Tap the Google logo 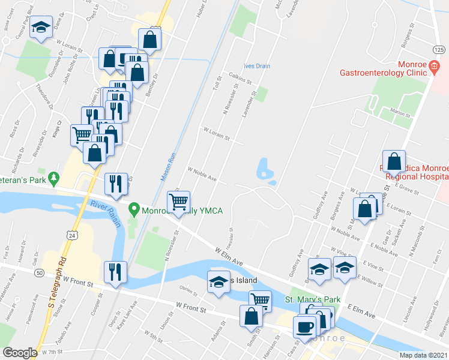20,353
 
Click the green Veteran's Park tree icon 55,178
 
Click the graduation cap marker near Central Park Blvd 41,28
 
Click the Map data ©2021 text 424,355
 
